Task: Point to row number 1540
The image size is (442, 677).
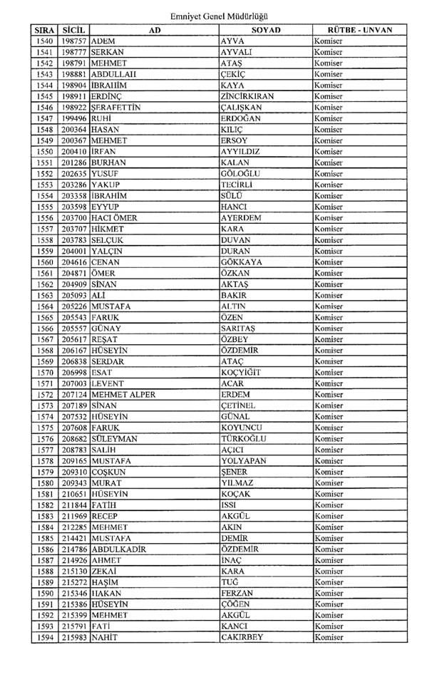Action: pyautogui.click(x=44, y=42)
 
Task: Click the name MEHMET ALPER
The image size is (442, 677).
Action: pyautogui.click(x=123, y=394)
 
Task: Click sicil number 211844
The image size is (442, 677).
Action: pyautogui.click(x=74, y=505)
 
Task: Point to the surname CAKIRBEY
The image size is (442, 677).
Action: pyautogui.click(x=243, y=637)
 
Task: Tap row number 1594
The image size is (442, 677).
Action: pyautogui.click(x=44, y=637)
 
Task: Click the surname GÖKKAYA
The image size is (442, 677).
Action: pyautogui.click(x=242, y=262)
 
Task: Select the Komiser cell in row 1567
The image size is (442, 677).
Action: pyautogui.click(x=329, y=339)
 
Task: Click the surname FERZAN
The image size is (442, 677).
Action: pyautogui.click(x=237, y=593)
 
